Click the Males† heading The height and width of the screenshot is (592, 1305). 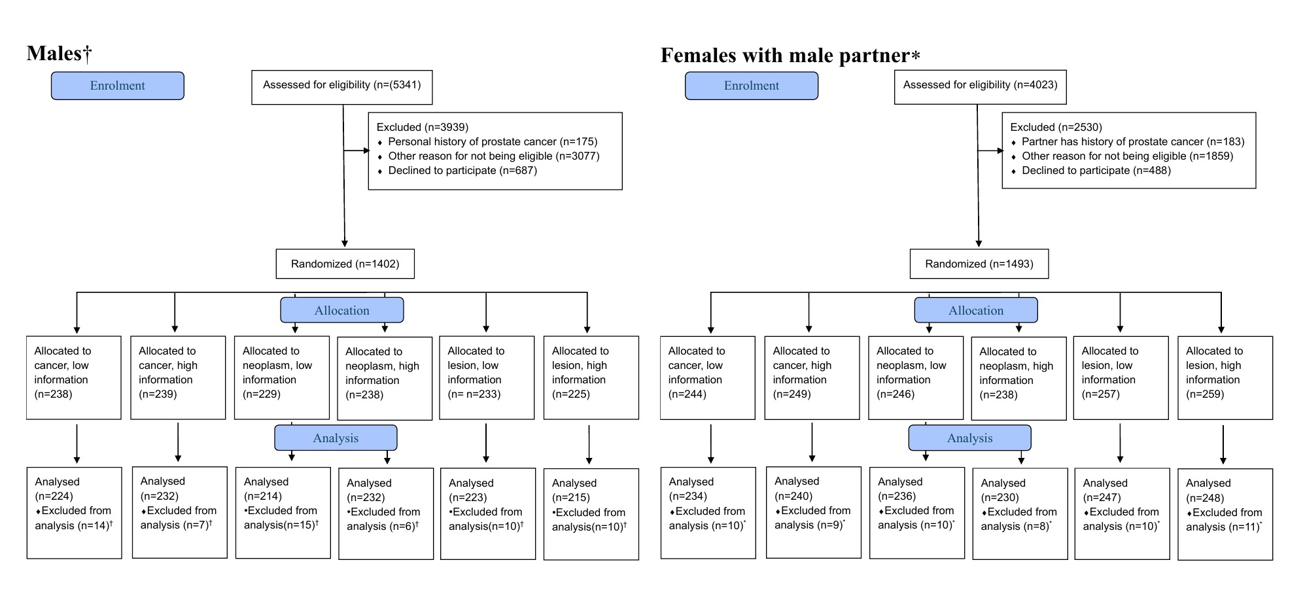tap(59, 54)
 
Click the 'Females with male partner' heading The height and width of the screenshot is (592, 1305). tap(790, 56)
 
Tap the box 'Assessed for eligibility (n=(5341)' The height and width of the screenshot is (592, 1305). tap(342, 87)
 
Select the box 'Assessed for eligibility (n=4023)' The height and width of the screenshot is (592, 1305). tap(980, 87)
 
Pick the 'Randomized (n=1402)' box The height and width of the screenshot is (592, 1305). tap(345, 264)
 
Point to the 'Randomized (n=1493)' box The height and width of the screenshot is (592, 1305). tap(979, 264)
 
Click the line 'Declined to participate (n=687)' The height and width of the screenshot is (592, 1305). tap(462, 171)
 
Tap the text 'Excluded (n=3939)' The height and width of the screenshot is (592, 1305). tap(423, 128)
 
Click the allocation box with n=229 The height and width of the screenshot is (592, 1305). tap(282, 377)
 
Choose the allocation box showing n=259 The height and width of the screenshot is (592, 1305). tap(1225, 377)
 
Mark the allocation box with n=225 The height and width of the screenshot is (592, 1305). tap(591, 377)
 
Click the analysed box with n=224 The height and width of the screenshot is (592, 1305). tap(74, 513)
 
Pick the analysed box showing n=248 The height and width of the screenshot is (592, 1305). tap(1225, 514)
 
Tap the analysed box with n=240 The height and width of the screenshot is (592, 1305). tap(814, 512)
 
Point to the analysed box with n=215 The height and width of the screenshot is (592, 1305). tap(591, 514)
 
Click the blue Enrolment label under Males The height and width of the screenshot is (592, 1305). tap(118, 86)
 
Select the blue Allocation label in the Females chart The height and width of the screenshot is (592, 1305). tap(976, 310)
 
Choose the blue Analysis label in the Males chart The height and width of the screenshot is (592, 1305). tap(336, 438)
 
